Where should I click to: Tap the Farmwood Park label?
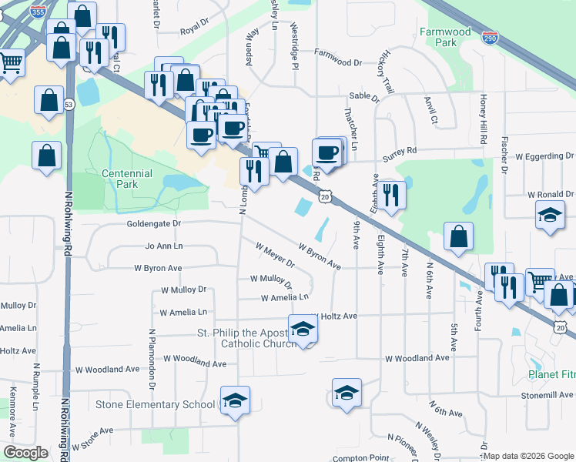click(x=444, y=37)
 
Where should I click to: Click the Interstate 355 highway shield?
click(x=36, y=12)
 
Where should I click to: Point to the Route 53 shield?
click(x=69, y=104)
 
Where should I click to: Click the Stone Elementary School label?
click(x=156, y=404)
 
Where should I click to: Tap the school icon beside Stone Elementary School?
click(x=236, y=401)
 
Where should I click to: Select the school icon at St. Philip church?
click(x=303, y=330)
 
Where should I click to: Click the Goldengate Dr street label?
click(x=153, y=224)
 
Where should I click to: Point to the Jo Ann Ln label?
click(x=164, y=246)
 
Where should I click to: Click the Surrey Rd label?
click(x=400, y=151)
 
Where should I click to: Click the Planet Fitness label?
click(x=551, y=375)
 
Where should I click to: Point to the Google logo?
click(x=25, y=453)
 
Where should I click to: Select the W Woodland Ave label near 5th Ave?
click(x=417, y=358)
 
